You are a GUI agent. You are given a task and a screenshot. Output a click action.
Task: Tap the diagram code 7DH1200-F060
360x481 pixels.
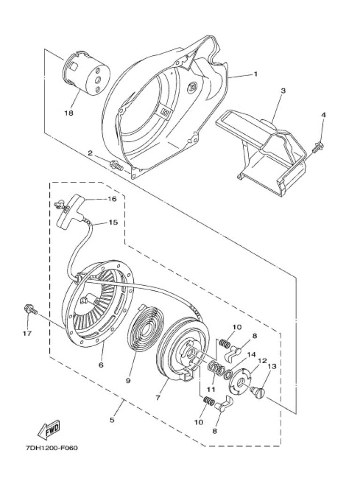[x=52, y=448]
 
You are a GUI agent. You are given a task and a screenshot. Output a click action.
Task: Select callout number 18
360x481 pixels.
[x=69, y=113]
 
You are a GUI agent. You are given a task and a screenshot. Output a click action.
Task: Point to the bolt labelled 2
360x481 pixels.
[x=116, y=165]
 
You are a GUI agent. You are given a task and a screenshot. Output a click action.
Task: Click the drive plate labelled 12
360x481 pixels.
[x=241, y=380]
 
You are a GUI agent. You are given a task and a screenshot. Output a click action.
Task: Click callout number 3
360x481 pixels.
[x=283, y=91]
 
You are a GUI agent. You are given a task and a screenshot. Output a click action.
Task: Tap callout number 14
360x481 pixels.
[x=252, y=355]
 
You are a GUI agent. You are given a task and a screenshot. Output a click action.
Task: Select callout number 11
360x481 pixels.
[x=210, y=389]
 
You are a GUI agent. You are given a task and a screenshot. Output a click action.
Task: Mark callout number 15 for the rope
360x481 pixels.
[x=113, y=222]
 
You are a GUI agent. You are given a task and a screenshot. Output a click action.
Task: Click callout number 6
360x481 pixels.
[x=101, y=365]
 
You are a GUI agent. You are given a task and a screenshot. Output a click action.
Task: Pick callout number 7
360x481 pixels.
[x=158, y=397]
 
